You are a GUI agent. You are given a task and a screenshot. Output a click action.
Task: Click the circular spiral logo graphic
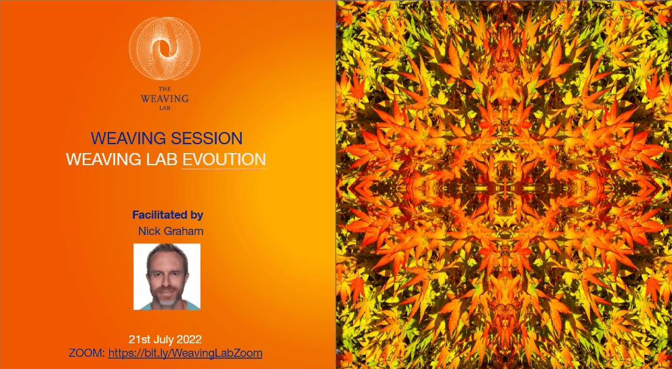pyautogui.click(x=165, y=49)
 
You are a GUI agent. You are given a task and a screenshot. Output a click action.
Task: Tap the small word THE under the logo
pyautogui.click(x=165, y=89)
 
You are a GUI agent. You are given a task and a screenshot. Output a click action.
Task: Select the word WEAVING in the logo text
pyautogui.click(x=165, y=98)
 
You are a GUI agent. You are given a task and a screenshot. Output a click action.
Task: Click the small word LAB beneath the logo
pyautogui.click(x=165, y=108)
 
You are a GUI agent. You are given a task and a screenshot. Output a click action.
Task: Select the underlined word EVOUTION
pyautogui.click(x=224, y=159)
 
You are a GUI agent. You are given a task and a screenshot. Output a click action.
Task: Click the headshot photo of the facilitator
pyautogui.click(x=167, y=276)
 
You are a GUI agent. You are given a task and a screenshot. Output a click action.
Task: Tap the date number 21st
pyautogui.click(x=138, y=339)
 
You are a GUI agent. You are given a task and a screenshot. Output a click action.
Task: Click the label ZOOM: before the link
pyautogui.click(x=87, y=353)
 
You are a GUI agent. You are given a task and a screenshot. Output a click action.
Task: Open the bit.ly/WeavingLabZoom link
pyautogui.click(x=185, y=353)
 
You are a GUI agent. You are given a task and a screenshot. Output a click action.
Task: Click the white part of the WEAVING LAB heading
pyautogui.click(x=166, y=159)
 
